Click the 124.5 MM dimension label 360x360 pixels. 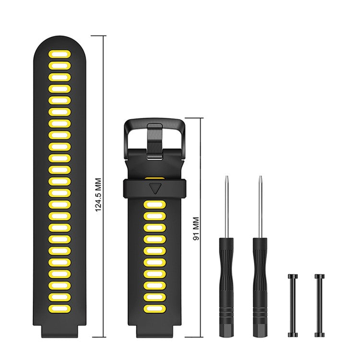point(98,196)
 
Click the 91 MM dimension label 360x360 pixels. point(195,228)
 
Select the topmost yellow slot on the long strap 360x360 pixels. point(59,54)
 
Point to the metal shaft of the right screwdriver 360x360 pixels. point(260,206)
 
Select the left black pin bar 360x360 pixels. point(292,305)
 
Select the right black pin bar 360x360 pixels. point(319,305)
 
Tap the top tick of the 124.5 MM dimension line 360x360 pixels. point(98,36)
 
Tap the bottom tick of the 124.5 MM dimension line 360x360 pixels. point(98,337)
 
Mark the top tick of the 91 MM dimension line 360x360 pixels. point(194,118)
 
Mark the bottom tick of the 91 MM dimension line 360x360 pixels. point(194,337)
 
